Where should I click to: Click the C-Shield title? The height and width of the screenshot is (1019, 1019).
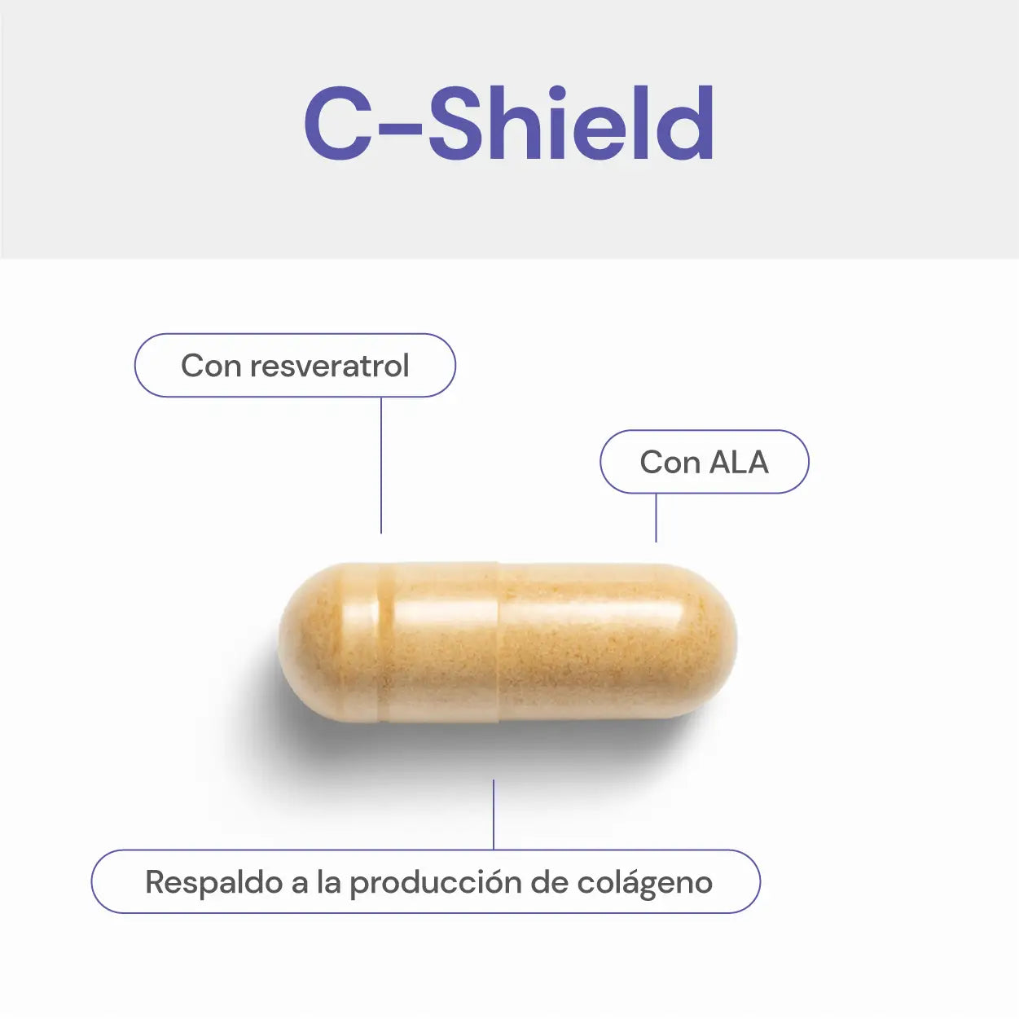point(509,124)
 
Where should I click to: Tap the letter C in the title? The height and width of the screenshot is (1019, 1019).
point(338,124)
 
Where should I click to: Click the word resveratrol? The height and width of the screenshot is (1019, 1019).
point(329,367)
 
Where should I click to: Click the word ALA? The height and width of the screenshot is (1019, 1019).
point(739,463)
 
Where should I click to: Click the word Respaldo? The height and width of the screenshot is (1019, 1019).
point(213,882)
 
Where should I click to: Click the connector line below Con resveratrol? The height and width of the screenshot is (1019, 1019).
point(381,464)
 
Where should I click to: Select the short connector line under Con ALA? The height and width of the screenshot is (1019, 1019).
point(656,517)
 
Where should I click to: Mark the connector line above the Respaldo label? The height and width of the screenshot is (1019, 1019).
point(494,815)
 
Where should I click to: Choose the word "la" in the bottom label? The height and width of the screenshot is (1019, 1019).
point(328,882)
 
